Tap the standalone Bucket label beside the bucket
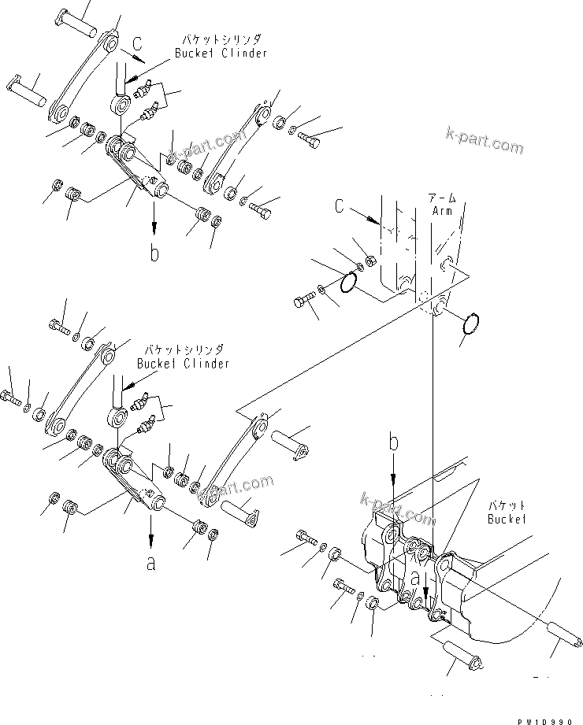pyautogui.click(x=507, y=519)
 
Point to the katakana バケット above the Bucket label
pyautogui.click(x=507, y=505)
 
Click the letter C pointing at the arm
pyautogui.click(x=340, y=206)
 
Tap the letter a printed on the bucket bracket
pyautogui.click(x=416, y=577)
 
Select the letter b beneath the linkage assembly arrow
pyautogui.click(x=154, y=253)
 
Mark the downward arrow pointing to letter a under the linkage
pyautogui.click(x=150, y=535)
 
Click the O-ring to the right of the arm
pyautogui.click(x=470, y=324)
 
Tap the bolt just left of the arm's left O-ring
pyautogui.click(x=304, y=300)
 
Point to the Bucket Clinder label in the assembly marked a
pyautogui.click(x=183, y=363)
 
